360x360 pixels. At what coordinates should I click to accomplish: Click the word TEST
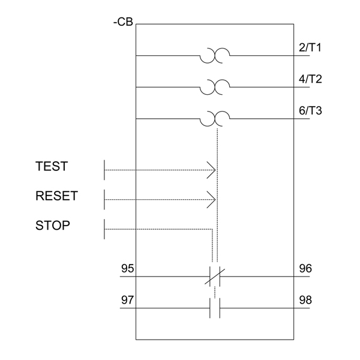[x=51, y=166]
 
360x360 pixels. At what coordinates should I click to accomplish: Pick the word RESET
[x=56, y=196]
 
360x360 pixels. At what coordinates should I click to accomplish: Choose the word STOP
[x=53, y=226]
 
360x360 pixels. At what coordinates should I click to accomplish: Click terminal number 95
[x=128, y=268]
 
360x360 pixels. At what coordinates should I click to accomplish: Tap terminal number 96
[x=305, y=268]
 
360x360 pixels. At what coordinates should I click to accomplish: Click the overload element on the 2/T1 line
[x=214, y=56]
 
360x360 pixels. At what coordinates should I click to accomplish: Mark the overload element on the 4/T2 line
[x=214, y=88]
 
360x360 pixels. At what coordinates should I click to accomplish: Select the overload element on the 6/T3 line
[x=214, y=119]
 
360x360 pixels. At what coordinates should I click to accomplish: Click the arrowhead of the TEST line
[x=212, y=170]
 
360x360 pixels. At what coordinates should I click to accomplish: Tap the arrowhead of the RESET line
[x=212, y=199]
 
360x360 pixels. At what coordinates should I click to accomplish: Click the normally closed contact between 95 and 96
[x=214, y=277]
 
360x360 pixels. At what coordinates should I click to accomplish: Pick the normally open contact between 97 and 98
[x=214, y=308]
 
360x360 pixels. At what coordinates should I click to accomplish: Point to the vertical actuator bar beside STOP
[x=104, y=229]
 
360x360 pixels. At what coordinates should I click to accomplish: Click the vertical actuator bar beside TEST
[x=104, y=170]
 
